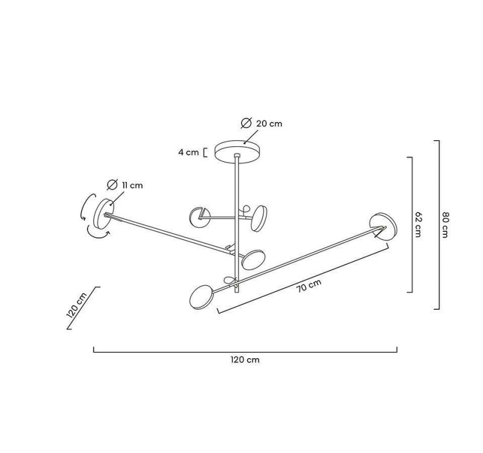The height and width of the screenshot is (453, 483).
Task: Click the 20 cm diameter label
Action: [269, 124]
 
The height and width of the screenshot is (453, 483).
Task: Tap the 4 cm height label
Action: [188, 152]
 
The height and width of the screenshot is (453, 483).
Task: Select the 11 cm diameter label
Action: [132, 185]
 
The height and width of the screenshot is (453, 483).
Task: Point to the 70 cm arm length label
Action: [309, 286]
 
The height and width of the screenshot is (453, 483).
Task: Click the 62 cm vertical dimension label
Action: [418, 224]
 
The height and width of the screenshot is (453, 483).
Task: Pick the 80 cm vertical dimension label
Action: [444, 225]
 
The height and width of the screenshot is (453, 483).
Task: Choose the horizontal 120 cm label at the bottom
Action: [245, 359]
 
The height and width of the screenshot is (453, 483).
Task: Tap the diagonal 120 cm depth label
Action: [77, 305]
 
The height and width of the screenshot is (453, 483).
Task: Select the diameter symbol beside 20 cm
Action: [246, 123]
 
